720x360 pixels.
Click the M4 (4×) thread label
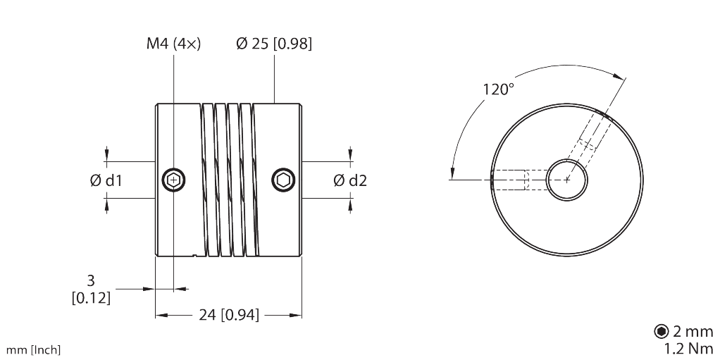[170, 44]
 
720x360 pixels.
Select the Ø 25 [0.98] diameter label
[274, 44]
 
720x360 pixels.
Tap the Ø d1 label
[106, 180]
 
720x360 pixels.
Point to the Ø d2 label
[350, 180]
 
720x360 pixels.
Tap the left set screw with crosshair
[174, 180]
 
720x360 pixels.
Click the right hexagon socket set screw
[283, 180]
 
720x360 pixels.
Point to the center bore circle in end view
[567, 179]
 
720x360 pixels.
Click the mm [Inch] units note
[33, 349]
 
